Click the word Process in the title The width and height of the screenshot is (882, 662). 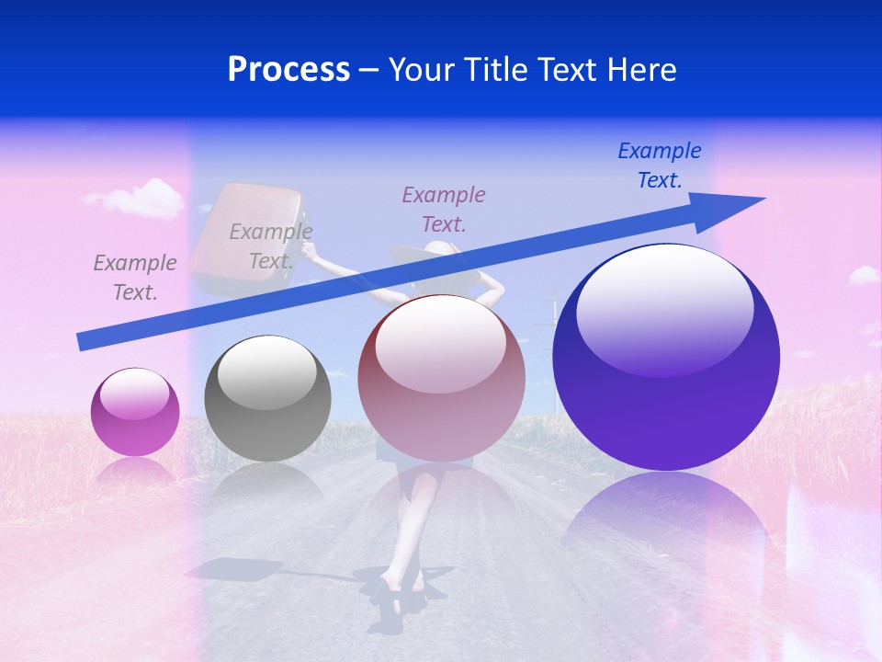tap(288, 70)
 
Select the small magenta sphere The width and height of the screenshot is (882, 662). tap(135, 412)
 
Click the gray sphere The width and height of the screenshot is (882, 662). tap(267, 399)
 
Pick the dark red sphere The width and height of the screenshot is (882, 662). tap(441, 378)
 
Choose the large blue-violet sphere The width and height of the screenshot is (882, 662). tap(666, 359)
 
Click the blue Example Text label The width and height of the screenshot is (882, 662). tap(660, 165)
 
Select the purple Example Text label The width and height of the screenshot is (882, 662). tap(444, 209)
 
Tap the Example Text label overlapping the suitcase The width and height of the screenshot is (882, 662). tap(271, 245)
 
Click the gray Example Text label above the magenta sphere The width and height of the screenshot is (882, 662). tap(135, 277)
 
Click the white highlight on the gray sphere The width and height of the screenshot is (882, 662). tap(267, 373)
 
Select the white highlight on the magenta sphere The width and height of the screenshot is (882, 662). tap(134, 394)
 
